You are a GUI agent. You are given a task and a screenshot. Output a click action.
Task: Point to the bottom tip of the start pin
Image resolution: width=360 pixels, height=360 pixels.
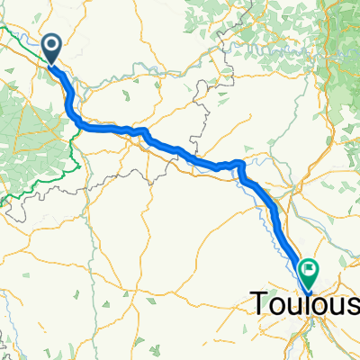[51, 65]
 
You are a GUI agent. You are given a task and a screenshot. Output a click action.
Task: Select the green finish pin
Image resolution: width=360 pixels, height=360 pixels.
[310, 269]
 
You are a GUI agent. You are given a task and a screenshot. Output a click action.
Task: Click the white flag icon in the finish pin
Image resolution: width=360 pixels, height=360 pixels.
[310, 267]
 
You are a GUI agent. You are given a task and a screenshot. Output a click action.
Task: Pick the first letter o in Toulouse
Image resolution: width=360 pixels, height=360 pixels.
[277, 305]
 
